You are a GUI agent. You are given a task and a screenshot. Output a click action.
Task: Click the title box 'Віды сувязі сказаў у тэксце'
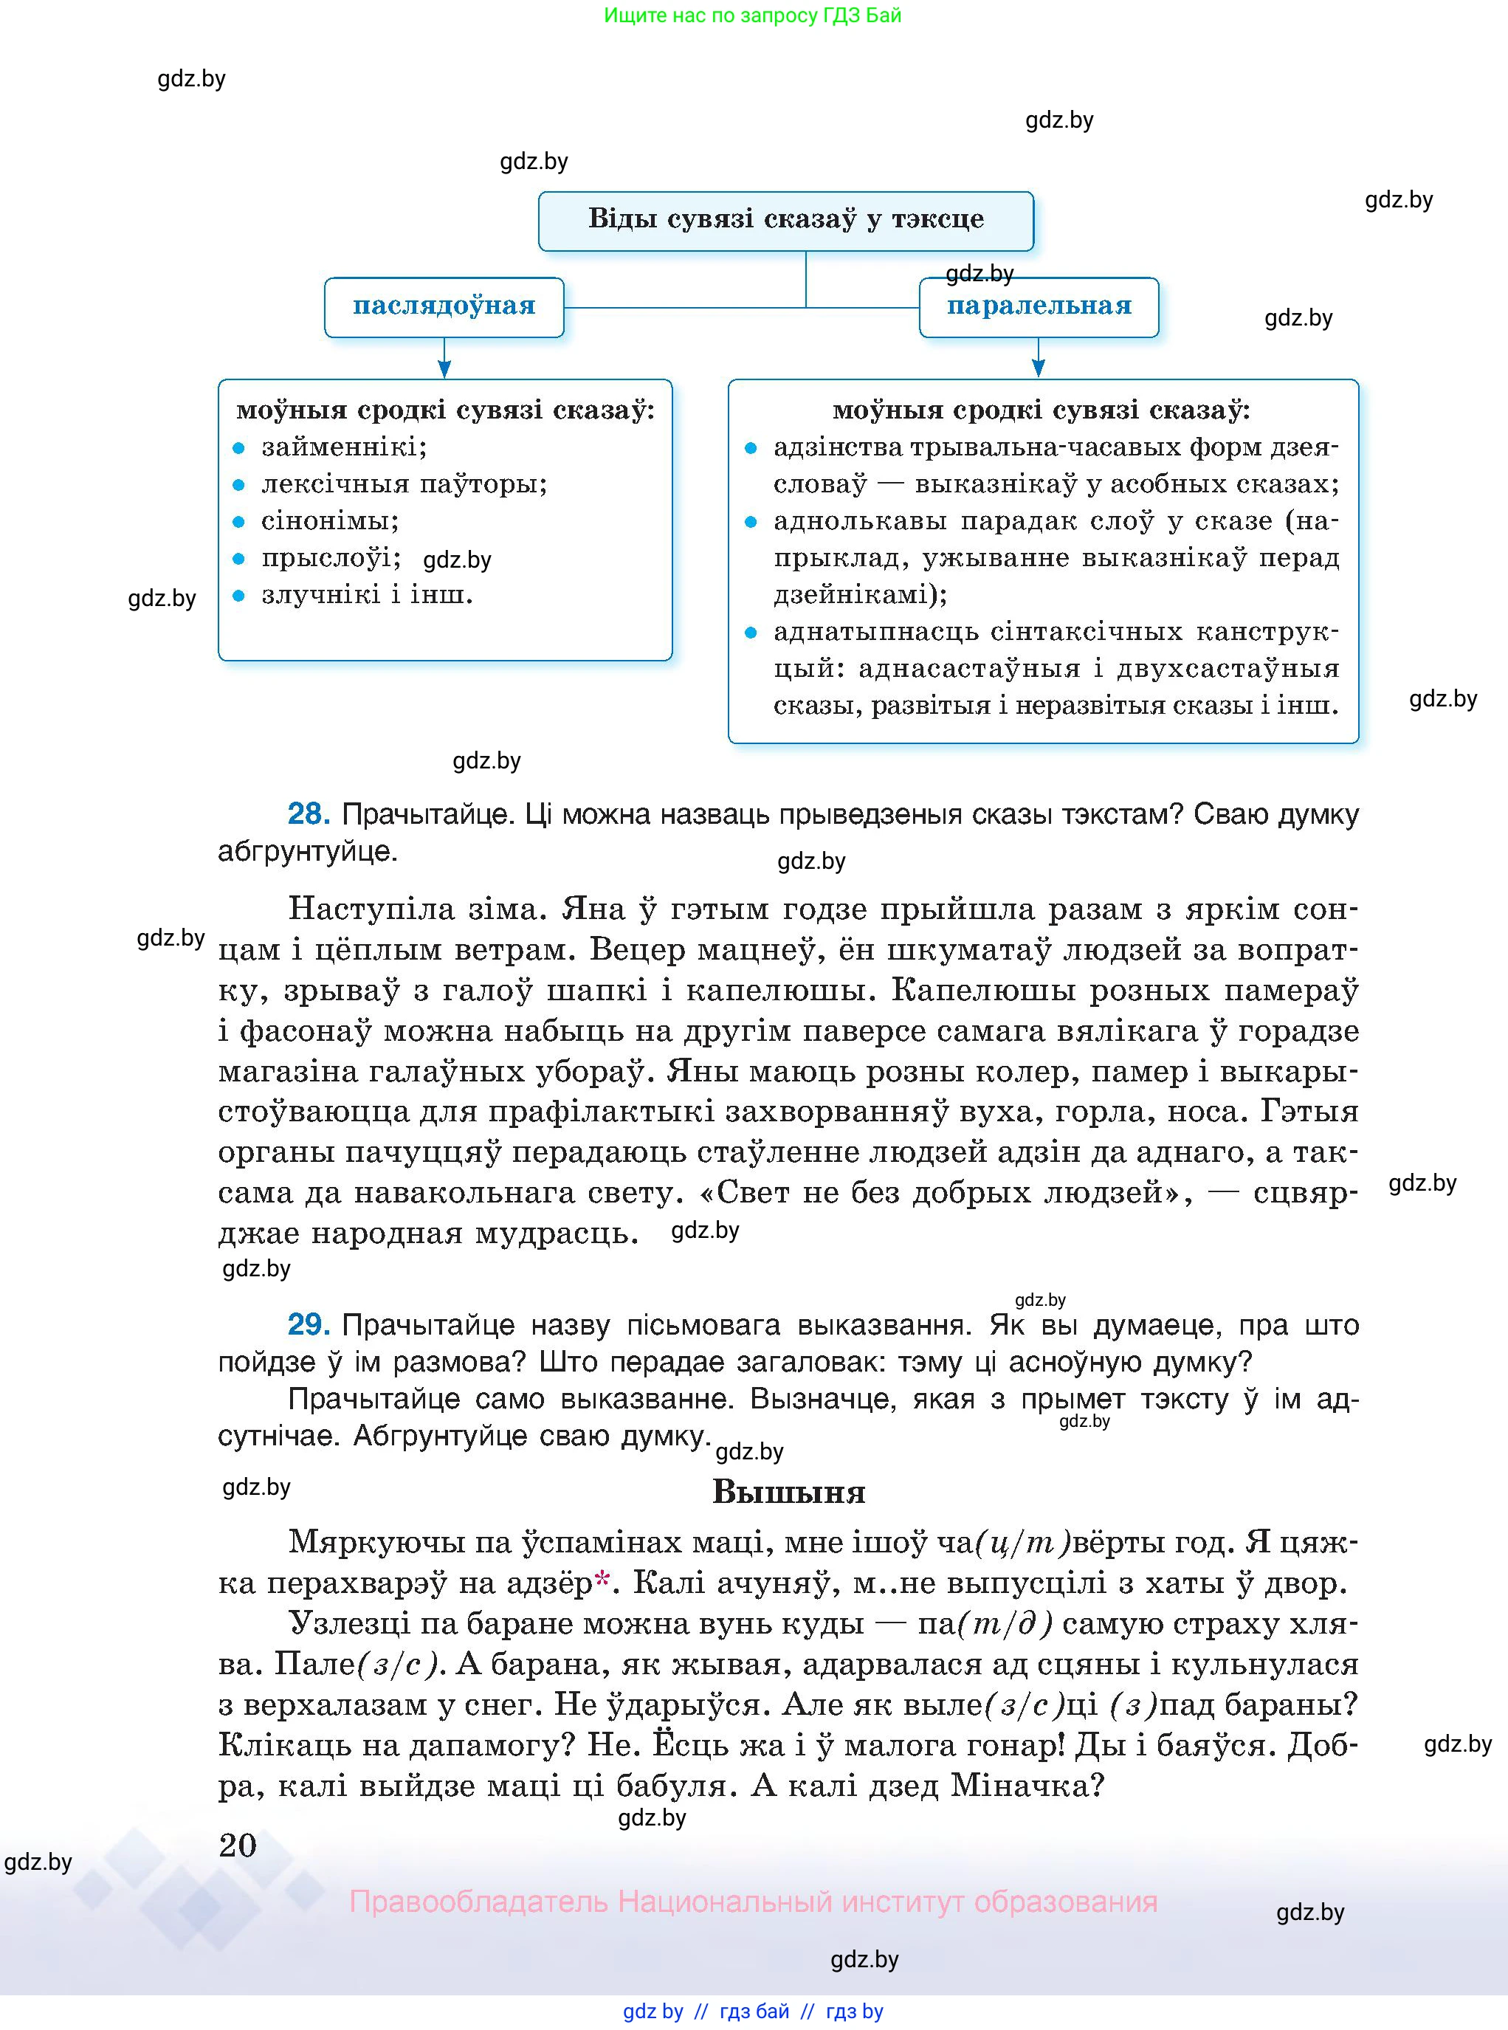tap(785, 220)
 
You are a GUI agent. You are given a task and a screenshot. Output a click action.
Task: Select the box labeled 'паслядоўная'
tap(444, 306)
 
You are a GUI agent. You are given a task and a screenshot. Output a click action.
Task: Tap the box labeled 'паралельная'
tap(1039, 306)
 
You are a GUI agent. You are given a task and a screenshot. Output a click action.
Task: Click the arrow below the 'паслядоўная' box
tap(444, 359)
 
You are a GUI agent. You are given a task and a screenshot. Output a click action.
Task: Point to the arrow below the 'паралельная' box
tap(1038, 359)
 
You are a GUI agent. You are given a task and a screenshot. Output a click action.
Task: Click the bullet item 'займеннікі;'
tap(344, 447)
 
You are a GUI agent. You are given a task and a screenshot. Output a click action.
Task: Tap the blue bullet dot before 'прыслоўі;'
tap(239, 559)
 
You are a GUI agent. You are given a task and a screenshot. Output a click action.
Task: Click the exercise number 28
tap(308, 813)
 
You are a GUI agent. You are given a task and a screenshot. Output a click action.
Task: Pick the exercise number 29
tap(308, 1324)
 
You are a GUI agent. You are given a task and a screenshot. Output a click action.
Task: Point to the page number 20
tap(238, 1845)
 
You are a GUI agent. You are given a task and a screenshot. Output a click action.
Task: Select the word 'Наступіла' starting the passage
tap(371, 909)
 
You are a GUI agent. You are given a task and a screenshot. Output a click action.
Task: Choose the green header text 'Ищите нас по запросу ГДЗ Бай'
tap(753, 16)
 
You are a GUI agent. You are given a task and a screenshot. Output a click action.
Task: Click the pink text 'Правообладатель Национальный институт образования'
tap(753, 1902)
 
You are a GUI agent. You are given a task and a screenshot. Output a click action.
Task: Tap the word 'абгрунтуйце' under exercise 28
tap(307, 852)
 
